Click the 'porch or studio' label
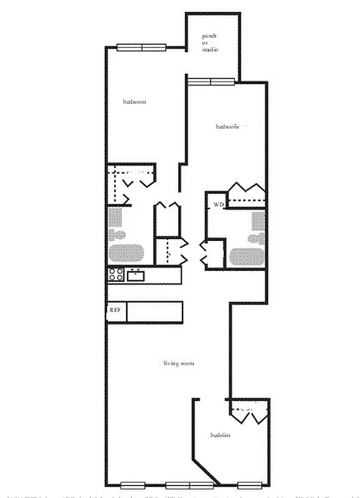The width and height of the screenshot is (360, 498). click(209, 43)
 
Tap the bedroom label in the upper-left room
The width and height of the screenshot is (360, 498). click(135, 101)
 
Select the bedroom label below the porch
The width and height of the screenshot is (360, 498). click(228, 126)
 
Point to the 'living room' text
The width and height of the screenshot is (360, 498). click(180, 363)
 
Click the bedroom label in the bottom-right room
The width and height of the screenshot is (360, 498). click(220, 435)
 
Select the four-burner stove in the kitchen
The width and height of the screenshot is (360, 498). click(116, 275)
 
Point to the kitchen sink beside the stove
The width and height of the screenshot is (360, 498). click(136, 275)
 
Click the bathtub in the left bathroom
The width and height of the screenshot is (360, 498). click(127, 253)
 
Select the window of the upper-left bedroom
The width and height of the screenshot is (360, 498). click(143, 47)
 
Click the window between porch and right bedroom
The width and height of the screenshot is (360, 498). click(212, 80)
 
